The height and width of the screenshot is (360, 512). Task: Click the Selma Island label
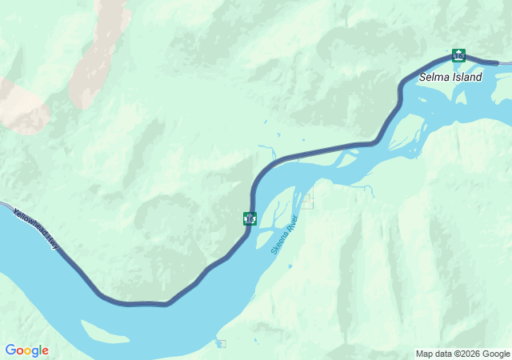coord(450,78)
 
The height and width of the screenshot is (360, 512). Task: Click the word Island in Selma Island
coord(467,78)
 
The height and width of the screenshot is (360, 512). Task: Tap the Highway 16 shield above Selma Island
coord(458,55)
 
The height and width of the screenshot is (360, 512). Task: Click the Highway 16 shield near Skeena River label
coord(250,218)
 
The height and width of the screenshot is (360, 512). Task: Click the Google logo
coord(26,350)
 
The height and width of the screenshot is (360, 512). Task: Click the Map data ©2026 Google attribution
coord(462,354)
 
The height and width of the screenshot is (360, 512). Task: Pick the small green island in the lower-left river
coord(104,330)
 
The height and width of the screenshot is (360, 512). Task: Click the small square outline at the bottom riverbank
coord(221,344)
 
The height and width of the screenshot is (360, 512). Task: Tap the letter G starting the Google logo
coord(11,350)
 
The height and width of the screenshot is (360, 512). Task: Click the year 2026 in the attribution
coord(470,354)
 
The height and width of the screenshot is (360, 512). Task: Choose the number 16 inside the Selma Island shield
coord(458,56)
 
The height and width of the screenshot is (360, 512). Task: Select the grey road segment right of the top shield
coord(488,62)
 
